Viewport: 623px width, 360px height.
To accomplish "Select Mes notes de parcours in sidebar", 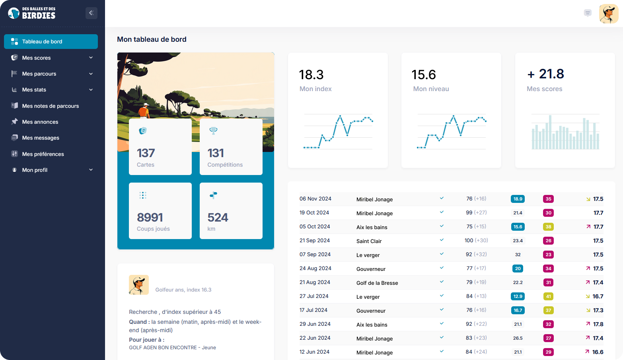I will click(51, 106).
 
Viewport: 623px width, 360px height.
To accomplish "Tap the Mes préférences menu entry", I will click(43, 154).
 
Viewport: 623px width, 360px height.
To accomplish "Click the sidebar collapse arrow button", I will click(91, 13).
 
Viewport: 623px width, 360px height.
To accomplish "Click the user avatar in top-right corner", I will click(608, 14).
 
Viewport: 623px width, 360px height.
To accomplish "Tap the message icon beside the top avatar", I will click(588, 13).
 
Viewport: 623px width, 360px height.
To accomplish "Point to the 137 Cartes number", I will click(146, 153).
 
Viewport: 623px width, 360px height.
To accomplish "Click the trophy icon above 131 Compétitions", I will click(213, 130).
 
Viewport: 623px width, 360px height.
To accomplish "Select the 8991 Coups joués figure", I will click(150, 218).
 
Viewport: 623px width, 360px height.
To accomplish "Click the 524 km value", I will click(218, 218).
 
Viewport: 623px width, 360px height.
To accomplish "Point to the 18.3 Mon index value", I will click(311, 75).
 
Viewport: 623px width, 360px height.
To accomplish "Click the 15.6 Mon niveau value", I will click(424, 75).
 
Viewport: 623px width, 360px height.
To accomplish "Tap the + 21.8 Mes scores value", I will click(545, 74).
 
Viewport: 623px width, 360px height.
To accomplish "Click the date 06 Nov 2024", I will click(315, 199).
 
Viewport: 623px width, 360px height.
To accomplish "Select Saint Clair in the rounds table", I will click(369, 241).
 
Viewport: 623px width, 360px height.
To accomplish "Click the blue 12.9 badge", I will click(518, 296).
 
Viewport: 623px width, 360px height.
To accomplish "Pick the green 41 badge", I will click(548, 296).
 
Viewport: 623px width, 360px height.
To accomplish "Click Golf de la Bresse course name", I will click(377, 283).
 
